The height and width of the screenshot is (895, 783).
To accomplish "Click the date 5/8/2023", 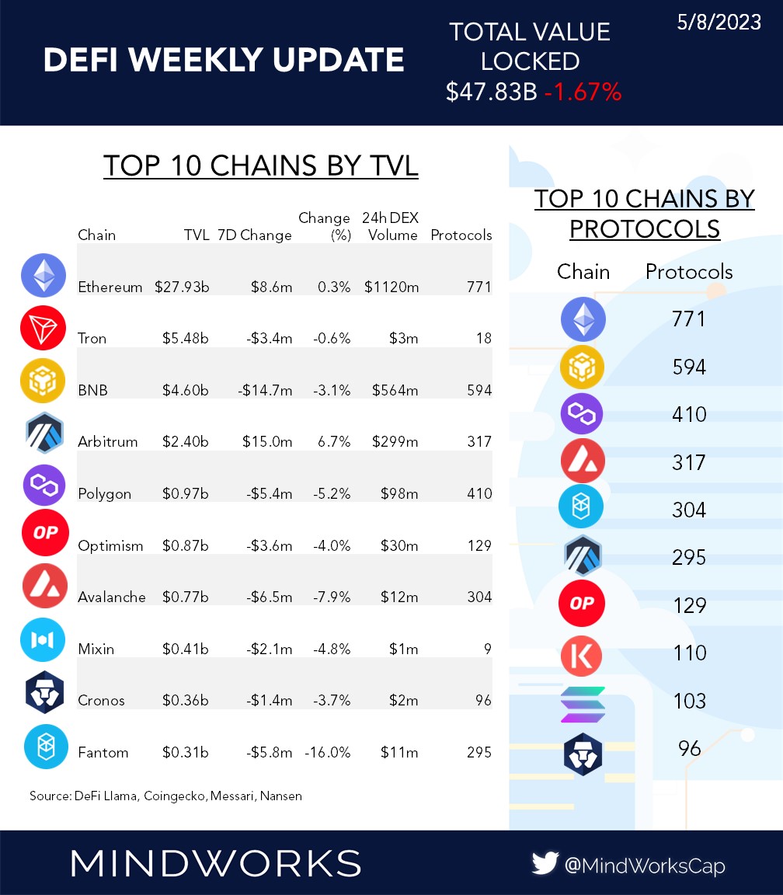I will tap(719, 23).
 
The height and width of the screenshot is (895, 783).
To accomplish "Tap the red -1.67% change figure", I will tap(583, 92).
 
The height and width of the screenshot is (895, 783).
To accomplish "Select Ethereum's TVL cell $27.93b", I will tap(182, 287).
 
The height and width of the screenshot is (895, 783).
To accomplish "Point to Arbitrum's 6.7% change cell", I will tap(334, 441).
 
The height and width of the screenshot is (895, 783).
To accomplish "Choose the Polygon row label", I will tap(104, 493).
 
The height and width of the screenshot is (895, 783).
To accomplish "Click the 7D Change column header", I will tap(254, 235).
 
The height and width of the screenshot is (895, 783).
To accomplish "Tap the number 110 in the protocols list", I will tap(689, 653).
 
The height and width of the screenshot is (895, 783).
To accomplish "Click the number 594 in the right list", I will tap(689, 366).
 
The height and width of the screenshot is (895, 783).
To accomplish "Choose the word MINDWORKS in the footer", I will tap(215, 863).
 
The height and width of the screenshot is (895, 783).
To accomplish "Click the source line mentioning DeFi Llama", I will tap(165, 796).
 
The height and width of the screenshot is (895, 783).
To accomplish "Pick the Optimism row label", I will tap(110, 545).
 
